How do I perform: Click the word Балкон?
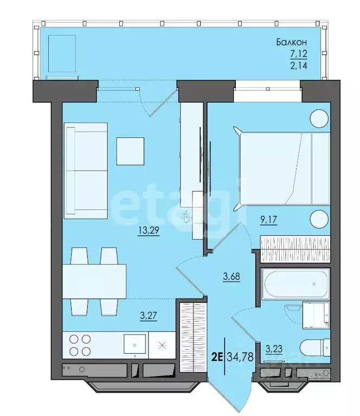click(292, 42)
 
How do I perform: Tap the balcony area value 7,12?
click(299, 54)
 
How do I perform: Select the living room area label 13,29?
click(149, 231)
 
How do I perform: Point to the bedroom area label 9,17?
click(268, 220)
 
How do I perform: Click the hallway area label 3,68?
click(232, 277)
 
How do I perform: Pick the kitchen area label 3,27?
click(149, 316)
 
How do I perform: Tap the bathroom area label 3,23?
click(274, 349)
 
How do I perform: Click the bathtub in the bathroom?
click(295, 284)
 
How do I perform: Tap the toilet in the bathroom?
click(315, 348)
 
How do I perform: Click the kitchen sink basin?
click(135, 344)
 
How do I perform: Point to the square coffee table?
click(130, 151)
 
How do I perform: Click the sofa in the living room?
click(86, 171)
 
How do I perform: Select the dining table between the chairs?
click(94, 281)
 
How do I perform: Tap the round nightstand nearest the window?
click(319, 119)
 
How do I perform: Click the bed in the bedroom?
click(281, 169)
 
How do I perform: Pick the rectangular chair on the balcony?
click(62, 54)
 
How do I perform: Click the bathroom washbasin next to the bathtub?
click(316, 315)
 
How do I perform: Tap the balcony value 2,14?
click(299, 65)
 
